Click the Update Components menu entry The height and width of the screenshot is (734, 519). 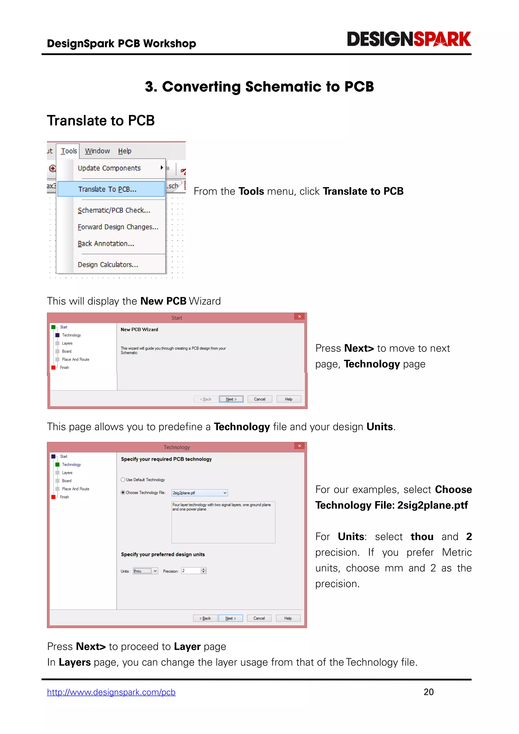[x=109, y=168]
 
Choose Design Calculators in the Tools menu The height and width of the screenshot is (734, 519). [x=108, y=265]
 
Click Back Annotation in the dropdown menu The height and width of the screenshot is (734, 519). [x=106, y=244]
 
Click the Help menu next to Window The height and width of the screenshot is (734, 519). [x=125, y=151]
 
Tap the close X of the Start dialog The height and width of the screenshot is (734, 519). [x=300, y=317]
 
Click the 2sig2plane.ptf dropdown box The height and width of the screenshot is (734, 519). [x=199, y=493]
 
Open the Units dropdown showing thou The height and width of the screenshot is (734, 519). [x=145, y=571]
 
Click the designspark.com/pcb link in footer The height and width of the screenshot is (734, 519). [x=111, y=692]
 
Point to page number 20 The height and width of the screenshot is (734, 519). [x=429, y=692]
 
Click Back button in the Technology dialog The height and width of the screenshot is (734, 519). [x=205, y=618]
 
